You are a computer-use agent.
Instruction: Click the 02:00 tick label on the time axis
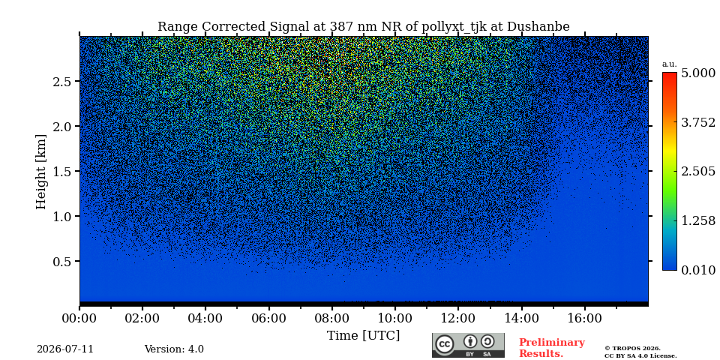tap(142, 318)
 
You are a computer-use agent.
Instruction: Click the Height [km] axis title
tap(41, 172)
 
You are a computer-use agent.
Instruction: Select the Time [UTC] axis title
tap(363, 336)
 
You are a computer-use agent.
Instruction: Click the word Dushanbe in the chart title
tap(538, 27)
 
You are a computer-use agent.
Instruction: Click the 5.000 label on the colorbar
tap(698, 73)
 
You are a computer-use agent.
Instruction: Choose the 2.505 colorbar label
tap(698, 171)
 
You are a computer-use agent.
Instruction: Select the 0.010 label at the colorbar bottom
tap(698, 270)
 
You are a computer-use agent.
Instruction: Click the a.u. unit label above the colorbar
tap(670, 64)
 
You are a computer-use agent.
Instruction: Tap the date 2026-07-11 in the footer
tap(65, 349)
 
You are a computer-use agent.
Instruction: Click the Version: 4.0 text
tap(174, 349)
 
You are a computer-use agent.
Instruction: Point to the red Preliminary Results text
tap(551, 348)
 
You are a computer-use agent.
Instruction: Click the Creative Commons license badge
tap(468, 345)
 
